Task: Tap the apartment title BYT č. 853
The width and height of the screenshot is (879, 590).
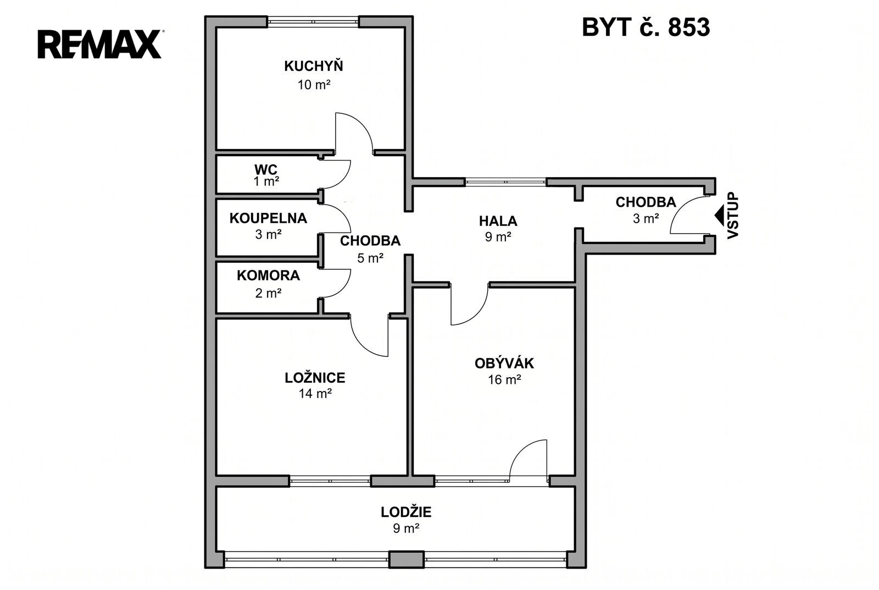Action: tap(646, 27)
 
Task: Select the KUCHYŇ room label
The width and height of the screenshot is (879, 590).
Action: tap(314, 65)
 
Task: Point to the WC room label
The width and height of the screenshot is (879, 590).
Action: tap(266, 169)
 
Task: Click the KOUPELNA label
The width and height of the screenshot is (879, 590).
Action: tap(269, 218)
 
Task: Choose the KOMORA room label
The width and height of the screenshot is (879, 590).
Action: tap(269, 275)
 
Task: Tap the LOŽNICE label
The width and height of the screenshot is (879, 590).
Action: tap(315, 378)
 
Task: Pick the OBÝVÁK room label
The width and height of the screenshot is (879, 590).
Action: tap(504, 363)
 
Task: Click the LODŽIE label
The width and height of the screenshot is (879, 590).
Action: tap(406, 512)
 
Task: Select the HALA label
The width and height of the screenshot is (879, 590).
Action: tap(498, 221)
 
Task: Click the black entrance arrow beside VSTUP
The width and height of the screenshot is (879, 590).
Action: tap(719, 216)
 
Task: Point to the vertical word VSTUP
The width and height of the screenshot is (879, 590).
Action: tap(733, 215)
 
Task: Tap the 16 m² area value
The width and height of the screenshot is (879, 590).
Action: tap(504, 379)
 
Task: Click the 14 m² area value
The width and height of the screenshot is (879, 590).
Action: tap(315, 393)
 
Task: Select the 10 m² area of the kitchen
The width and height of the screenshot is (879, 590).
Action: tap(314, 85)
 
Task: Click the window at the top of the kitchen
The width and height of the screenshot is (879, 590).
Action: tap(313, 21)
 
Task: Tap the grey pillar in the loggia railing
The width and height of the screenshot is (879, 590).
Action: tap(407, 559)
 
